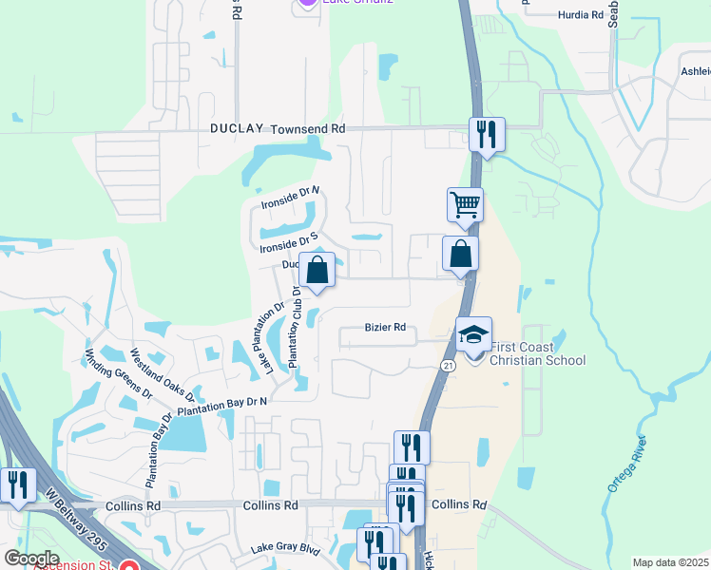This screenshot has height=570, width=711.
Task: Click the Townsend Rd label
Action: pyautogui.click(x=307, y=128)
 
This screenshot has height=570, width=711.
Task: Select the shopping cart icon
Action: pyautogui.click(x=465, y=204)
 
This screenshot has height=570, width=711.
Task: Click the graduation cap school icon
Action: pyautogui.click(x=473, y=334)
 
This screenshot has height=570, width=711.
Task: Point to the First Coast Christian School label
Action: pyautogui.click(x=538, y=353)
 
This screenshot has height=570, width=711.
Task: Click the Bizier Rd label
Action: pyautogui.click(x=385, y=328)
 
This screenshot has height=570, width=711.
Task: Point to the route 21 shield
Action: pyautogui.click(x=448, y=366)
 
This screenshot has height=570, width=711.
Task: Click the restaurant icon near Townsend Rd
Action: pyautogui.click(x=487, y=134)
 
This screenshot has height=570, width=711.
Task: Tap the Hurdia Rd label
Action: pyautogui.click(x=581, y=15)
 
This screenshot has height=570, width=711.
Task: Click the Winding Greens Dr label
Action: pyautogui.click(x=106, y=371)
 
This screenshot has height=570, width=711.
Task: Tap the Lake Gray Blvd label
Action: pyautogui.click(x=285, y=548)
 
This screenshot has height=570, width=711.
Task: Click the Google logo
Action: pyautogui.click(x=30, y=559)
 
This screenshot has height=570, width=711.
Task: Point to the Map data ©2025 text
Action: pyautogui.click(x=670, y=562)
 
